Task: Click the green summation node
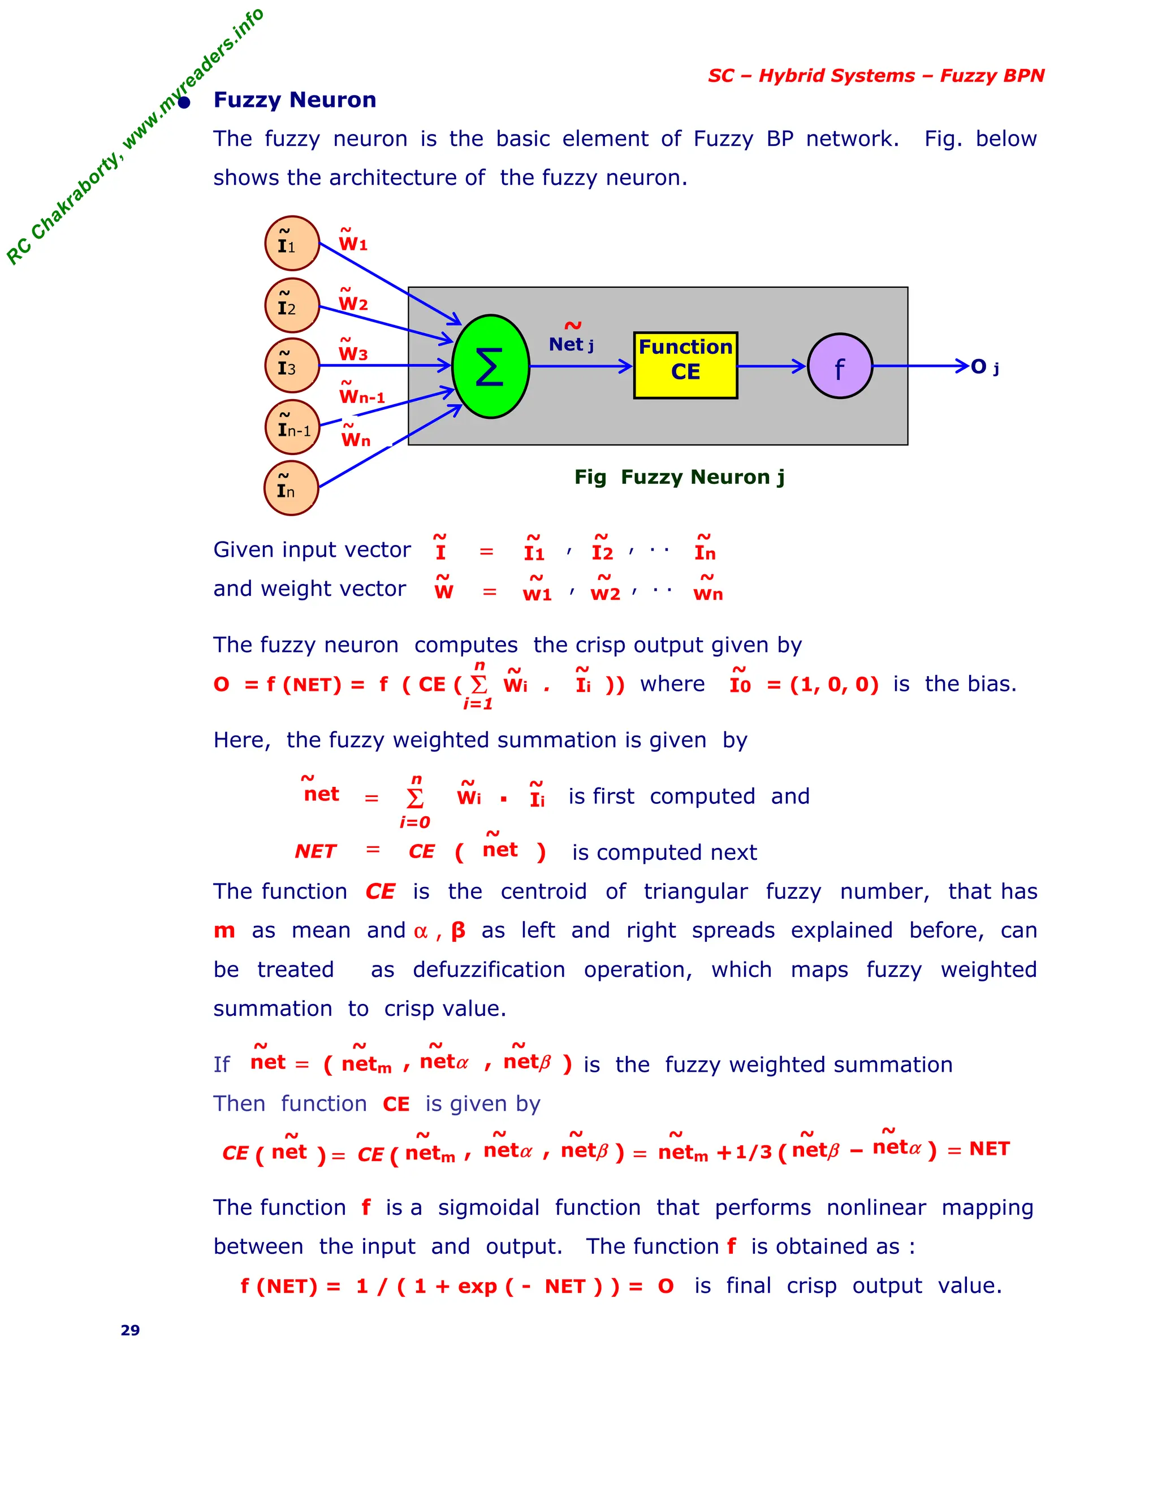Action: click(x=490, y=366)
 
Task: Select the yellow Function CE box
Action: click(x=685, y=366)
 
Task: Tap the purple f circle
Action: click(x=840, y=366)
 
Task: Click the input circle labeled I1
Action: click(x=292, y=244)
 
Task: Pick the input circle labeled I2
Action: click(x=292, y=305)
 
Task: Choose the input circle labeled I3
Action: click(x=292, y=366)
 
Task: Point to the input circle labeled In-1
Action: click(x=292, y=427)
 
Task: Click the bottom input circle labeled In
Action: click(x=292, y=488)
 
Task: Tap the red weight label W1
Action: click(x=353, y=242)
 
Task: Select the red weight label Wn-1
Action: click(x=361, y=395)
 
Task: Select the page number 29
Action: click(x=131, y=1331)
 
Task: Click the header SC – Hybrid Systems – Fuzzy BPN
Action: click(x=876, y=75)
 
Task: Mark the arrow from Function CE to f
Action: click(x=772, y=366)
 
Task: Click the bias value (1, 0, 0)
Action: click(x=834, y=685)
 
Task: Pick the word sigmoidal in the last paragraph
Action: click(x=489, y=1208)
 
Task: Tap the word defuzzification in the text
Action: click(x=489, y=970)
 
